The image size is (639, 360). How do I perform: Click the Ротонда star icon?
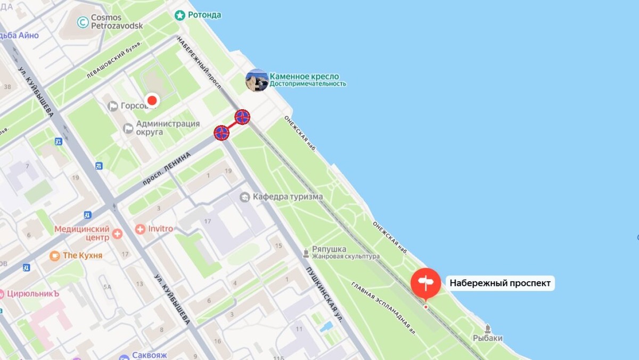180,15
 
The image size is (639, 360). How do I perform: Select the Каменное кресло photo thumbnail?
257,80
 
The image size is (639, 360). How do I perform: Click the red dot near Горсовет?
153,100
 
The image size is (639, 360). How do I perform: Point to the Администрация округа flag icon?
128,128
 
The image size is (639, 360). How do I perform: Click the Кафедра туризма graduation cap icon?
244,197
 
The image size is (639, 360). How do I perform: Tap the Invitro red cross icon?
140,229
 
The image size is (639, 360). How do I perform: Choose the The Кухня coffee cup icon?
54,256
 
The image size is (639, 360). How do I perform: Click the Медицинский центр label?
82,233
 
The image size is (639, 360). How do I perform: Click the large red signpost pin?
425,282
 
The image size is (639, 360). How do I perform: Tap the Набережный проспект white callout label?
500,283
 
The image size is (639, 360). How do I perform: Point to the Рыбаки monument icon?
487,329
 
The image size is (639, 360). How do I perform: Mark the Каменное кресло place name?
304,77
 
